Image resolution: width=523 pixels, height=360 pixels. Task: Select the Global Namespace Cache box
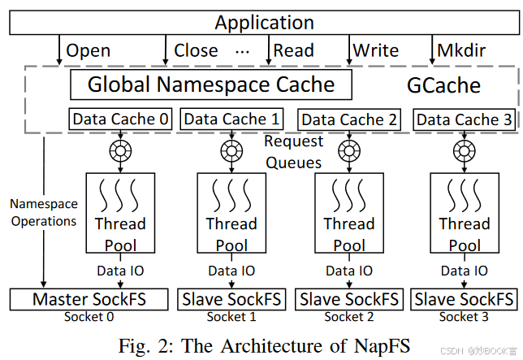coord(211,84)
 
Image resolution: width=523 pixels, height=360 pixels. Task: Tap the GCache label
coord(443,85)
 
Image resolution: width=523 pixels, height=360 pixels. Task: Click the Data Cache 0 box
coord(121,119)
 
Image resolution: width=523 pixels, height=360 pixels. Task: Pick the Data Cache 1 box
coord(231,119)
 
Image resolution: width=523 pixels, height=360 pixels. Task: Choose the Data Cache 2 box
coord(349,119)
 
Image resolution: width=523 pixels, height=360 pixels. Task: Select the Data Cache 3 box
coord(465,119)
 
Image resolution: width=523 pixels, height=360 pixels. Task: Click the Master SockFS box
coord(89,299)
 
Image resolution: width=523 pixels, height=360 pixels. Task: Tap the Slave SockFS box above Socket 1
coord(231,299)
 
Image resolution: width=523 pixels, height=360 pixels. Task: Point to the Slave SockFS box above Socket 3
coord(465,299)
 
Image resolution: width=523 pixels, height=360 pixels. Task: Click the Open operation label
coord(89,50)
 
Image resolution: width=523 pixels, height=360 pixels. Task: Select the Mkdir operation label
coord(463,50)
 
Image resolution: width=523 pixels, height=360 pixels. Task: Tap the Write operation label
coord(375,50)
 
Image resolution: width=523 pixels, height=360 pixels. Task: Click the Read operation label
coord(293,50)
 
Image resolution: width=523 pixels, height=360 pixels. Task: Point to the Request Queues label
coord(293,152)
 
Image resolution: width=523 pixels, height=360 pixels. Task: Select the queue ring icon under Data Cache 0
coord(121,150)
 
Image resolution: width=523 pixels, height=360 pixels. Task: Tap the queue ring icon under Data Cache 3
coord(465,150)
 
